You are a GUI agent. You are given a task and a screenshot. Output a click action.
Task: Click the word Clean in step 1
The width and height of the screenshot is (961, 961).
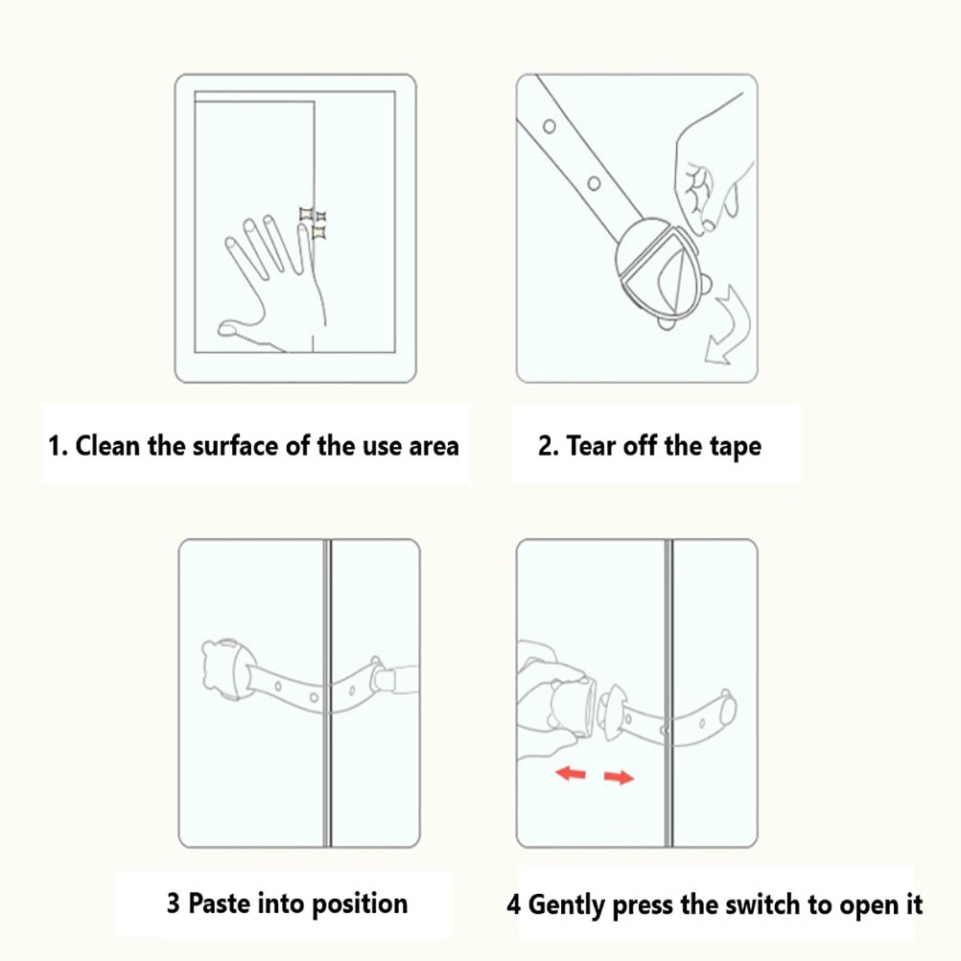click(x=107, y=446)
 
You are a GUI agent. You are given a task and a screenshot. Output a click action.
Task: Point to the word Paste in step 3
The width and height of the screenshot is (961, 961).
click(x=218, y=903)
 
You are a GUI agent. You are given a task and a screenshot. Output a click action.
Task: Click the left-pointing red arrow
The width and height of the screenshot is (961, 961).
click(x=571, y=773)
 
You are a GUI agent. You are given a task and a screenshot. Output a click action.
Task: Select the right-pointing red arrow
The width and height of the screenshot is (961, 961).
click(x=619, y=777)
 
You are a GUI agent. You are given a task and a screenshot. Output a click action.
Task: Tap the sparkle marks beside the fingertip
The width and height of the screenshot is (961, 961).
click(x=314, y=223)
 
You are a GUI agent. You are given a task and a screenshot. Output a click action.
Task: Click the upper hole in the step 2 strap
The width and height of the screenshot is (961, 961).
click(x=550, y=127)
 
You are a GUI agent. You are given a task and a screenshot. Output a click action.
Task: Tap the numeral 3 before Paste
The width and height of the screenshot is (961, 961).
click(x=174, y=903)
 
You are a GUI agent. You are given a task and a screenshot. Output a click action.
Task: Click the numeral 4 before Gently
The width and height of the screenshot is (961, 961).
click(x=514, y=904)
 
